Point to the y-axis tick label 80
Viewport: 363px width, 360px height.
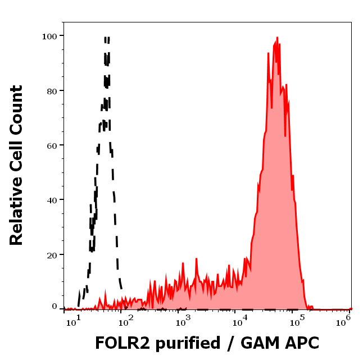point(52,90)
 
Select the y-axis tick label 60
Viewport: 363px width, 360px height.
point(52,145)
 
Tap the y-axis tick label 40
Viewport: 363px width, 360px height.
point(52,199)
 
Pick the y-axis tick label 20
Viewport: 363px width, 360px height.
point(52,254)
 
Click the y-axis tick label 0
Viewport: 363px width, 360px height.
point(55,307)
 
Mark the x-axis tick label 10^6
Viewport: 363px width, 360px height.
point(344,320)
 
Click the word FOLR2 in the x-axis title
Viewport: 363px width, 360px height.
point(122,343)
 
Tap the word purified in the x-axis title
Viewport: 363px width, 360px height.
point(189,344)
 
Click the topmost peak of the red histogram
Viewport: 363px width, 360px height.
point(277,38)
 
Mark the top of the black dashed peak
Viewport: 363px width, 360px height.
point(106,38)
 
